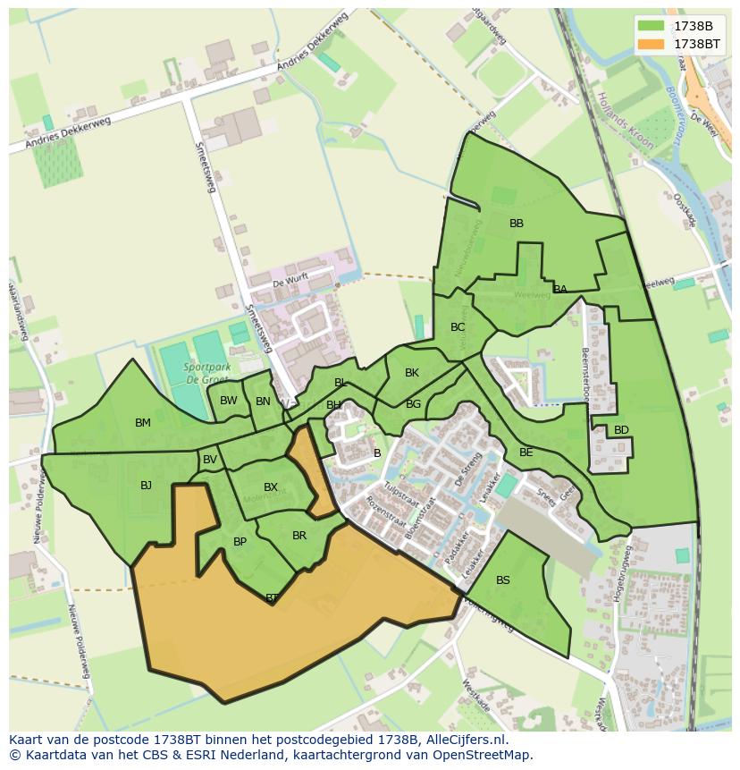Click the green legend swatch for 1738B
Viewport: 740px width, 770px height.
click(652, 25)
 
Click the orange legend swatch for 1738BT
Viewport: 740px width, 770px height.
click(652, 43)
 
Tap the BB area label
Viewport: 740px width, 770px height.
click(517, 224)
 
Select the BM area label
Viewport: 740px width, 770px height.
click(143, 423)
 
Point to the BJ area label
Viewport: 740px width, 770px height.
click(146, 486)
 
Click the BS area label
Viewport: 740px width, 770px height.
click(503, 580)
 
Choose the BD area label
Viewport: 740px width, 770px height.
click(621, 430)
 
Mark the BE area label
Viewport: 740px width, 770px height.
click(526, 453)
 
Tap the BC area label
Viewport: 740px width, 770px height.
click(458, 327)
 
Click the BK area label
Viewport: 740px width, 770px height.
click(412, 373)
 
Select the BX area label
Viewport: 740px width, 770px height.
click(271, 487)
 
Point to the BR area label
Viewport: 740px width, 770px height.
click(299, 536)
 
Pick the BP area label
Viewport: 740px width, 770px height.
click(240, 542)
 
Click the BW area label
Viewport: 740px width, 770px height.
click(229, 401)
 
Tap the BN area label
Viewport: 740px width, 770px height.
click(263, 402)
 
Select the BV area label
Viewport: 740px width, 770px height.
click(210, 460)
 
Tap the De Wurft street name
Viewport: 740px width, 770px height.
click(290, 281)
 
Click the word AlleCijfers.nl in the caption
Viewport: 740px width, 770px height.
click(464, 740)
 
